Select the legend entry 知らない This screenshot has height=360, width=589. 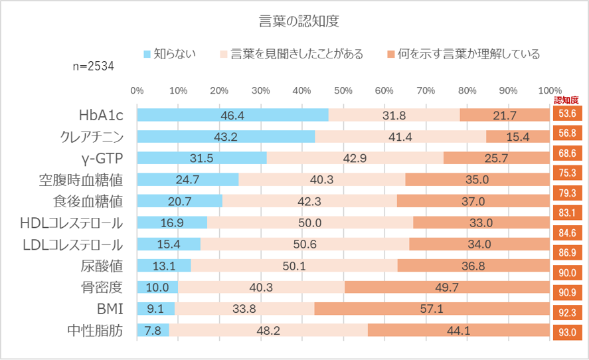[x=174, y=54]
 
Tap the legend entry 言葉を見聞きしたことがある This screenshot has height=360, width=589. [x=296, y=54]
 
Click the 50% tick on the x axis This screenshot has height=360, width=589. [x=343, y=90]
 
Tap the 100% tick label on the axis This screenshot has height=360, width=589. [x=550, y=90]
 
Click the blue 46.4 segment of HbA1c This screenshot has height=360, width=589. [x=232, y=115]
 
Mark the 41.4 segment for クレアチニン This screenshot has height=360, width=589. [x=400, y=137]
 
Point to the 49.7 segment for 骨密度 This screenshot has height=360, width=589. [x=447, y=287]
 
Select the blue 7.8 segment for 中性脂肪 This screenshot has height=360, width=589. [x=153, y=330]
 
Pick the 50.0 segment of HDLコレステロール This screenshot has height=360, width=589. [x=310, y=223]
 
